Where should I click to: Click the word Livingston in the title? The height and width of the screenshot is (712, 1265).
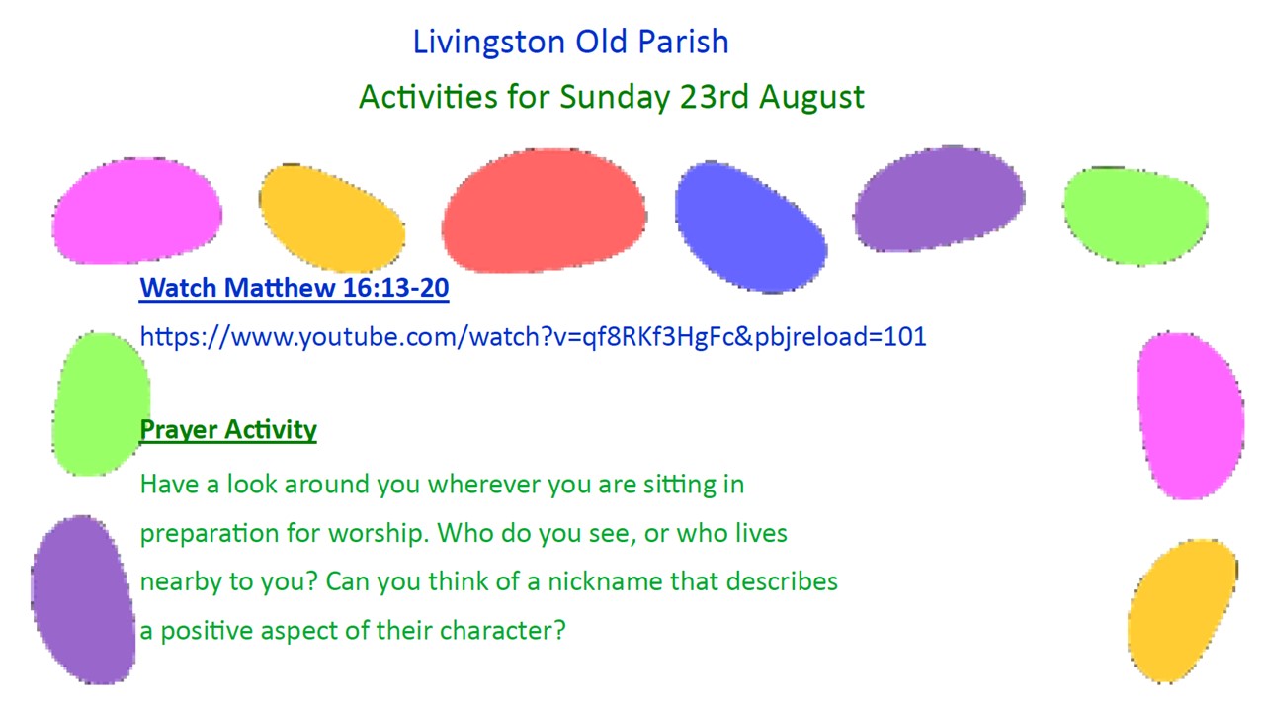click(x=489, y=43)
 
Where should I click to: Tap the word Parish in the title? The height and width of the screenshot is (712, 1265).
click(x=683, y=42)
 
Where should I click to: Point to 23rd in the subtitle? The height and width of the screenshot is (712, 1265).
click(x=714, y=96)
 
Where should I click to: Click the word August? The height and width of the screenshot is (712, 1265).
click(x=811, y=97)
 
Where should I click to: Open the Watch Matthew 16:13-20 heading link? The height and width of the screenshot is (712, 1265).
click(x=295, y=288)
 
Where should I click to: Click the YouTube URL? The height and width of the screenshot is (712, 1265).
click(x=533, y=337)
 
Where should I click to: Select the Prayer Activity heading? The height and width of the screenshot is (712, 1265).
click(x=228, y=429)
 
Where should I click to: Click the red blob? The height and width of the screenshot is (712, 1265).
click(x=544, y=211)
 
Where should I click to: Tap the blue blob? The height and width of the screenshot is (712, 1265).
click(x=750, y=227)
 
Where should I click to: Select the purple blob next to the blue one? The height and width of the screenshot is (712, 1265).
click(x=939, y=199)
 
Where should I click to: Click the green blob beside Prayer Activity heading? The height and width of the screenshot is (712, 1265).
click(x=101, y=404)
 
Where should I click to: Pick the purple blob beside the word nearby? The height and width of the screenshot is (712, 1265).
click(x=83, y=600)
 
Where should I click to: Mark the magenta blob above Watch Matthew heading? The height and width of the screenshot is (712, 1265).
click(x=136, y=211)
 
